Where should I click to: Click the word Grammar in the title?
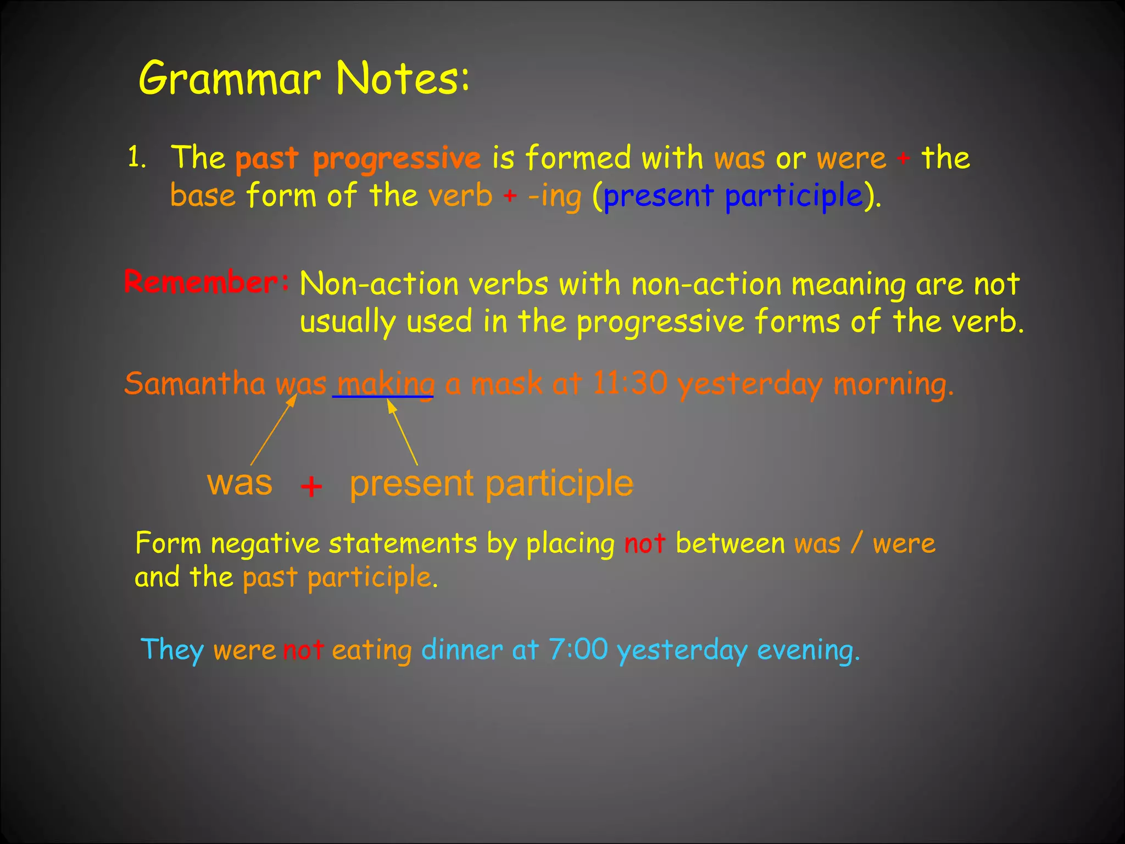pyautogui.click(x=230, y=78)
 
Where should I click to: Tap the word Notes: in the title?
pyautogui.click(x=403, y=78)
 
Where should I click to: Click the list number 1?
pyautogui.click(x=136, y=158)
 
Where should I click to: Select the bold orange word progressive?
pyautogui.click(x=397, y=159)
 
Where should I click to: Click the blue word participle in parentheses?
pyautogui.click(x=794, y=196)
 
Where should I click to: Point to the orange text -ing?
pyautogui.click(x=554, y=196)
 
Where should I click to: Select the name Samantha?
pyautogui.click(x=194, y=383)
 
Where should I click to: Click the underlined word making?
pyautogui.click(x=385, y=384)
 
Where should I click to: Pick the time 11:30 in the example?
pyautogui.click(x=630, y=383)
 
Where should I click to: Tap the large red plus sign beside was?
pyautogui.click(x=311, y=486)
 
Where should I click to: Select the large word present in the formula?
pyautogui.click(x=411, y=484)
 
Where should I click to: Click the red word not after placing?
pyautogui.click(x=644, y=543)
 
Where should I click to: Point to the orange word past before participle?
pyautogui.click(x=270, y=578)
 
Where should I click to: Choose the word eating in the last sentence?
pyautogui.click(x=371, y=650)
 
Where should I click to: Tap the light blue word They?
pyautogui.click(x=172, y=650)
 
